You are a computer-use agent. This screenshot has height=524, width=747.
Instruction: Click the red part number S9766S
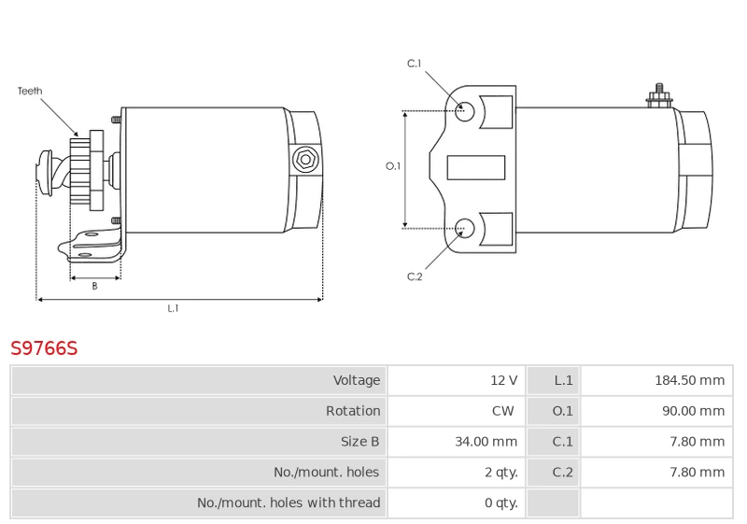click(x=44, y=348)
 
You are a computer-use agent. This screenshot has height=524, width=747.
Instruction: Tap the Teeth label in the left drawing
click(x=30, y=92)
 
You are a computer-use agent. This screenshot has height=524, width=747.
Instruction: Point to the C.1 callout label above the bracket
click(x=415, y=64)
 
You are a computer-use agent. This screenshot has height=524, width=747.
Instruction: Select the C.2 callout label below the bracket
click(x=415, y=276)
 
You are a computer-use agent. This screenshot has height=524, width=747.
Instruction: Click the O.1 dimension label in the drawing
click(x=393, y=166)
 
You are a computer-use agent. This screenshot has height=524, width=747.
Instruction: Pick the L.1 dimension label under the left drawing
click(x=173, y=308)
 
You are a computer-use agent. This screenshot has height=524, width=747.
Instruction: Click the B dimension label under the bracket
click(x=94, y=287)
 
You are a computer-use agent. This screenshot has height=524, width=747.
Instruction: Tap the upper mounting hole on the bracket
click(x=464, y=111)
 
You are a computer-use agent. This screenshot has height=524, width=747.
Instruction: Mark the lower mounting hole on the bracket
click(x=464, y=226)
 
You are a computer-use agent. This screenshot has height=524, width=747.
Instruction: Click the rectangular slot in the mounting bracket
click(x=476, y=167)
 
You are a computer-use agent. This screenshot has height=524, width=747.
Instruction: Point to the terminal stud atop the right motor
click(x=659, y=94)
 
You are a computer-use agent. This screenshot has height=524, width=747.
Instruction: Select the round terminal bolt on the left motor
click(x=304, y=159)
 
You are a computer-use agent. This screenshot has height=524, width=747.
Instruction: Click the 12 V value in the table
click(x=503, y=380)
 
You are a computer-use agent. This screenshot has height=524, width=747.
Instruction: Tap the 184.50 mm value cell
click(x=689, y=380)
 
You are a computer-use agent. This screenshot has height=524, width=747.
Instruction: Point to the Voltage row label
click(x=357, y=380)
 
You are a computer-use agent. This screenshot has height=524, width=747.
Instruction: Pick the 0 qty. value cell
click(x=500, y=503)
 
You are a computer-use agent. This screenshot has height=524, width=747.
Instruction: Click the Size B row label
click(x=360, y=442)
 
